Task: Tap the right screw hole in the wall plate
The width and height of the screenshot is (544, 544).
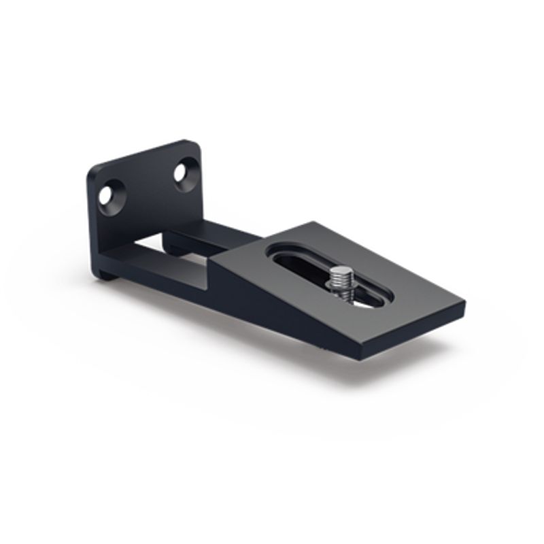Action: [182, 172]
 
